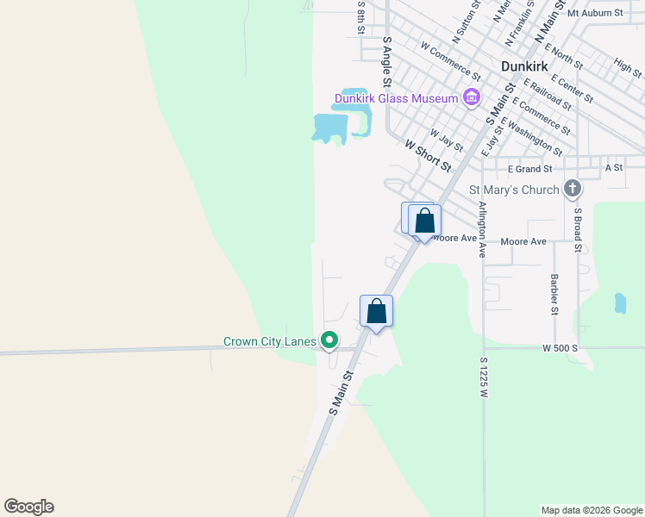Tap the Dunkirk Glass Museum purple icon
[471, 98]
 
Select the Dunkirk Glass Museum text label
[396, 98]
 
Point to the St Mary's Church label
[513, 190]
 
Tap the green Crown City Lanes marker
[329, 342]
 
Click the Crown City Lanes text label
[269, 342]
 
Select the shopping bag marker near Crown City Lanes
[376, 310]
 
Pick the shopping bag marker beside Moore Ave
[424, 220]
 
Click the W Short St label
[428, 157]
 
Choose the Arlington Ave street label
[482, 230]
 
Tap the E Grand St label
[529, 169]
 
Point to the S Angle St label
[387, 61]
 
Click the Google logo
[28, 507]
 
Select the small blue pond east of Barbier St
[619, 303]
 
